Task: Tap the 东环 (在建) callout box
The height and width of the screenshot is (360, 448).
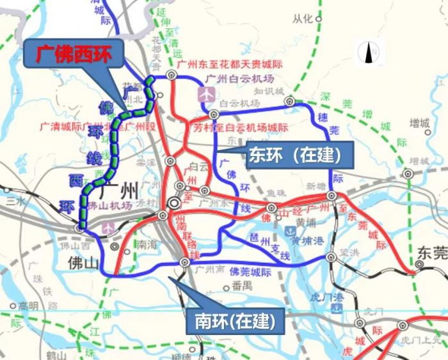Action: coord(292,153)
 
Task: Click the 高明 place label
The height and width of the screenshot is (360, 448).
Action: coord(28,305)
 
